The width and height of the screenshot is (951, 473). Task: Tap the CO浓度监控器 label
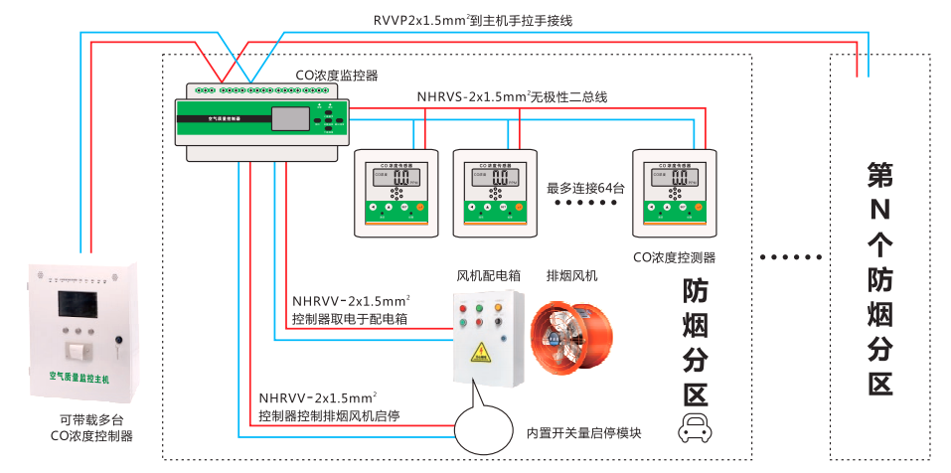click(x=337, y=75)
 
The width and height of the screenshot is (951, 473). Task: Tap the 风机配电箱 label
click(x=489, y=275)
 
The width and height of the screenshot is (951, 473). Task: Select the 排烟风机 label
click(x=572, y=275)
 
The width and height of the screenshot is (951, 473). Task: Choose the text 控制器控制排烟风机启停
click(x=329, y=415)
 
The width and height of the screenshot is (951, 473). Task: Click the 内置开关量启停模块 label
click(x=583, y=433)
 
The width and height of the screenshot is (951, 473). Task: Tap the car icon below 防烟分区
click(x=696, y=429)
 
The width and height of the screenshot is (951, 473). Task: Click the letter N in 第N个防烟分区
click(x=880, y=210)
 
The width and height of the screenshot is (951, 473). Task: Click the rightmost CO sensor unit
click(x=675, y=192)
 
